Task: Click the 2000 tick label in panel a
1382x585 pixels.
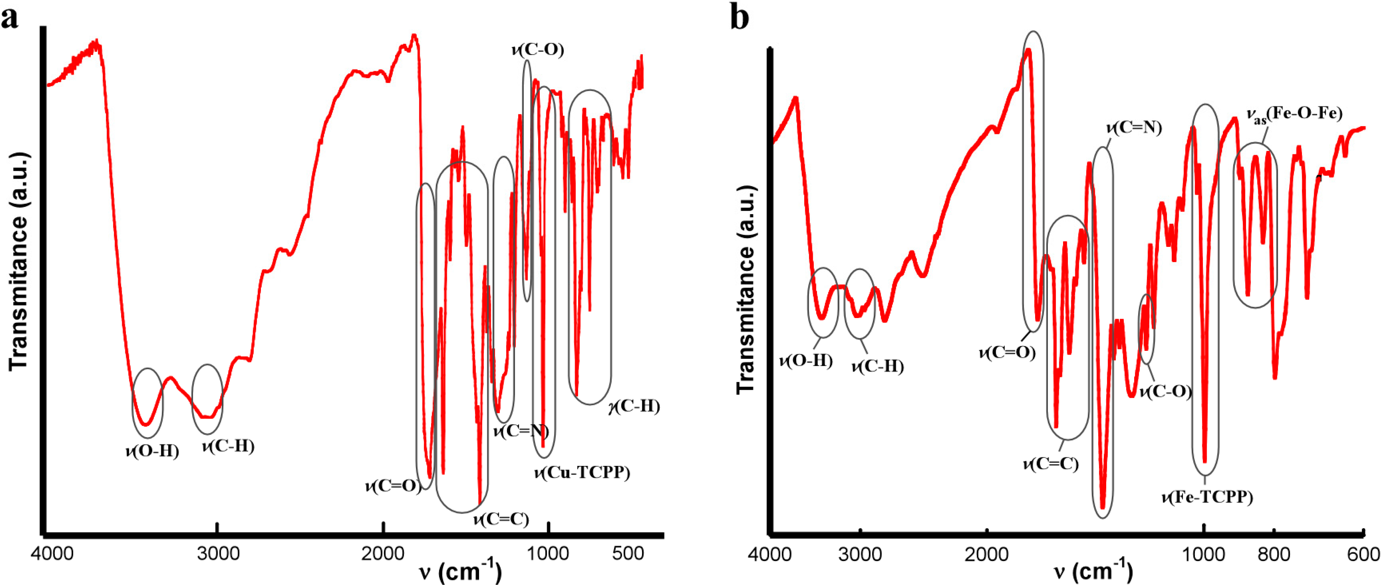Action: pos(382,553)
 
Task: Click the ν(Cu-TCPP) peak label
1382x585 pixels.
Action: pos(582,472)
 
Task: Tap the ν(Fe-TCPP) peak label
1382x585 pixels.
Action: pos(1207,497)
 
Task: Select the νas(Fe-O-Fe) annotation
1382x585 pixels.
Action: pos(1294,114)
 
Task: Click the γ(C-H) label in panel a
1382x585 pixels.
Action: pos(634,406)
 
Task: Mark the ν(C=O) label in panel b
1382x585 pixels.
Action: pos(1007,353)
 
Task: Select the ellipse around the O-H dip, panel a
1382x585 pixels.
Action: pos(147,403)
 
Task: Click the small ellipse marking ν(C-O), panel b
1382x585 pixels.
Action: pos(1147,329)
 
